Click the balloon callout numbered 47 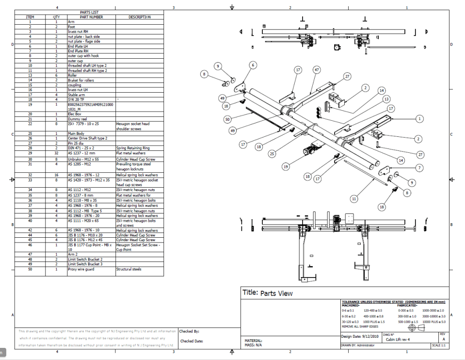[317, 70]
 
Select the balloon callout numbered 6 [253, 65]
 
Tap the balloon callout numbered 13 [386, 99]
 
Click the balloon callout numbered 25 [273, 154]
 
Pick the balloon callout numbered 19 [286, 166]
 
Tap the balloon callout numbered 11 [354, 198]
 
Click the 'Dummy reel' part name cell [77, 119]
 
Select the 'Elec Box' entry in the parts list [75, 114]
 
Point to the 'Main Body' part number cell [77, 133]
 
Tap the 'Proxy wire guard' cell [80, 269]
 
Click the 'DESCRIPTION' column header [139, 17]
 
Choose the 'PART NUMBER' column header [91, 17]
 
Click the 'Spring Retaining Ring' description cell [132, 148]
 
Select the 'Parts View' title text [276, 294]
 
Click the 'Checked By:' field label [189, 332]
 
